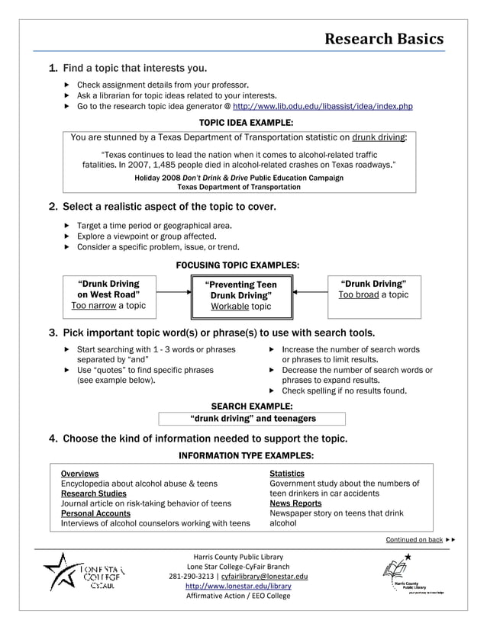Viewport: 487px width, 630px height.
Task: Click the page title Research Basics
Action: coord(383,39)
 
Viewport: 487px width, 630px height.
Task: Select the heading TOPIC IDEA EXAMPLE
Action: coord(246,123)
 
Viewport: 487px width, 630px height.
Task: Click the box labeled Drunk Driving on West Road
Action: coord(108,294)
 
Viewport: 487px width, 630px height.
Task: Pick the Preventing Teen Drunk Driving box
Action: coord(240,296)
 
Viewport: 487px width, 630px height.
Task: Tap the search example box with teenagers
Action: coord(252,419)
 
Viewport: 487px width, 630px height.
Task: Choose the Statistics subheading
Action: coord(287,474)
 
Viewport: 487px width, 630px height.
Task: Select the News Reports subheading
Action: coord(295,503)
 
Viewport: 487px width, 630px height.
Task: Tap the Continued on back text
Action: coord(414,540)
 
